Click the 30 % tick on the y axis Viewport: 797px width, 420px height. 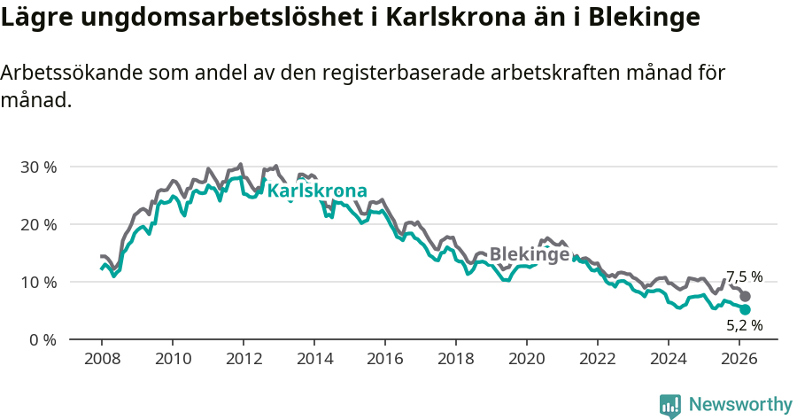click(37, 167)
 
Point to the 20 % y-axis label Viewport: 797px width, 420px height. click(37, 224)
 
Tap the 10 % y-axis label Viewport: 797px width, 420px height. click(37, 282)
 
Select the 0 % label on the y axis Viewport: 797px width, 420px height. click(42, 339)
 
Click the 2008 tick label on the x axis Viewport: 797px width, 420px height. click(101, 360)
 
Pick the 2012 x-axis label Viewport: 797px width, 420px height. click(243, 360)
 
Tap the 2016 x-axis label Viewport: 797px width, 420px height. click(384, 360)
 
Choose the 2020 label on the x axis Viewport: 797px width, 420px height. click(526, 360)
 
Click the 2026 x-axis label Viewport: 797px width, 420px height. click(739, 360)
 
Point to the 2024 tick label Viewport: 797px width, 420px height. click(668, 360)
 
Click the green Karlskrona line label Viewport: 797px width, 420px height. click(317, 191)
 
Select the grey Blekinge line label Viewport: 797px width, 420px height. click(530, 253)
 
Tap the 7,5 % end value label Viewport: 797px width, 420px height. click(744, 276)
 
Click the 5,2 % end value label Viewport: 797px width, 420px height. click(744, 325)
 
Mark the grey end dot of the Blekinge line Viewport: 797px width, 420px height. click(746, 296)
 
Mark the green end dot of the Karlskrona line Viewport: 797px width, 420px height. click(746, 309)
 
